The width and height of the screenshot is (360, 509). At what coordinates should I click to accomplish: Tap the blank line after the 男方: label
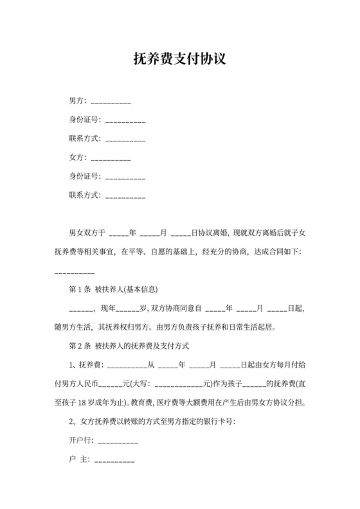(x=111, y=102)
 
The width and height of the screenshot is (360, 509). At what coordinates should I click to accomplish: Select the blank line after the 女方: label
(x=111, y=157)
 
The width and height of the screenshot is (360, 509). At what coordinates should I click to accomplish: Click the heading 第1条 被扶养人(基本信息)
(x=113, y=289)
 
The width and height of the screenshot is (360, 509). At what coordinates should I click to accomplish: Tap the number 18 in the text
(x=91, y=405)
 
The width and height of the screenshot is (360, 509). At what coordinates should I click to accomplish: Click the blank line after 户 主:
(x=114, y=461)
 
